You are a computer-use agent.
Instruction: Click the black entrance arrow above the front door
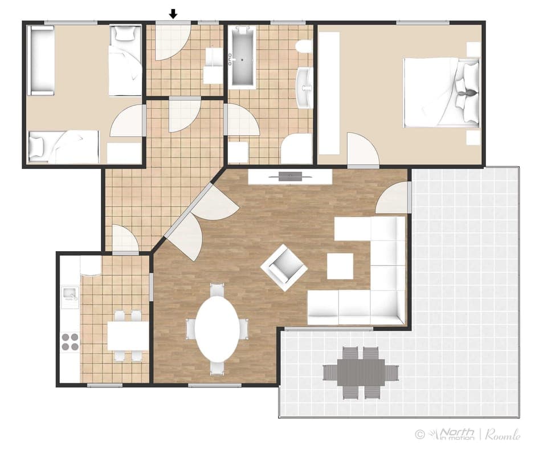pyautogui.click(x=174, y=13)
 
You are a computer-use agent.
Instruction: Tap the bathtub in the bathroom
pyautogui.click(x=242, y=56)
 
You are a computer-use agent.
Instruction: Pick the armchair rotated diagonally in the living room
pyautogui.click(x=284, y=267)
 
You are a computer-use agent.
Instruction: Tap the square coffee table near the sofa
pyautogui.click(x=340, y=266)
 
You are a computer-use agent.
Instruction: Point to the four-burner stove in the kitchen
pyautogui.click(x=71, y=341)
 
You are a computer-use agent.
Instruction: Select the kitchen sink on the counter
pyautogui.click(x=71, y=294)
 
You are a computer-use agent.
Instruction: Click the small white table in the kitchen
pyautogui.click(x=128, y=336)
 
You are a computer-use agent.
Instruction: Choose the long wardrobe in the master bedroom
pyautogui.click(x=329, y=93)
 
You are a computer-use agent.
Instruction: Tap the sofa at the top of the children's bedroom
pyautogui.click(x=42, y=60)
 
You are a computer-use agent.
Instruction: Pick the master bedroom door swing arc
pyautogui.click(x=361, y=150)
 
